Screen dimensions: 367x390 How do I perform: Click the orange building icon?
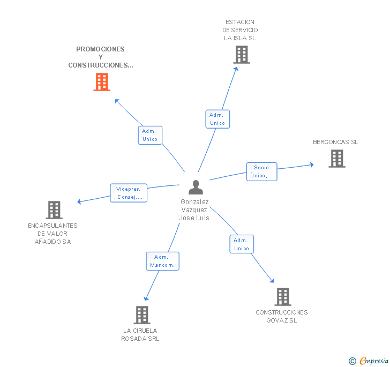102,82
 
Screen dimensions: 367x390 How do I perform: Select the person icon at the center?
196,188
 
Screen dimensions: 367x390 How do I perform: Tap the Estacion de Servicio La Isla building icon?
242,55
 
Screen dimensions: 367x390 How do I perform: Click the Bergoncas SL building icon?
336,159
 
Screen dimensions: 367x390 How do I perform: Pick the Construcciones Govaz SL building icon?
282,296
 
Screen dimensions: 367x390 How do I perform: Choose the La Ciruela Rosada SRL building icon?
142,315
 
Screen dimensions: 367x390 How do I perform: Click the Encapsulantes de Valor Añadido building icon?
54,210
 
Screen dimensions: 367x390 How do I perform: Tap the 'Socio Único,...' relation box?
261,171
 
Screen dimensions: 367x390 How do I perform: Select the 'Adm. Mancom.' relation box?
162,261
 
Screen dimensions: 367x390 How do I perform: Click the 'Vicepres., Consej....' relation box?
129,193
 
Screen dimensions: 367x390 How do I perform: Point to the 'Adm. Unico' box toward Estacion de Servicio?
217,119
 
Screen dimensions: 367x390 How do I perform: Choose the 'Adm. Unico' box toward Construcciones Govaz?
242,244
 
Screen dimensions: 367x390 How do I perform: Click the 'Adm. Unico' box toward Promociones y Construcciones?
150,135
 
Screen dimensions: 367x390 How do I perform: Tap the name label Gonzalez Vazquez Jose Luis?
194,210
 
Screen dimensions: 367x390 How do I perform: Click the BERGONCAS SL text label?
335,142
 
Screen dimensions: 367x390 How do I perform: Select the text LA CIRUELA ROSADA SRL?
140,334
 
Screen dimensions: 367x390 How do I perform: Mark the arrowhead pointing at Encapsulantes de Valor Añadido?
79,202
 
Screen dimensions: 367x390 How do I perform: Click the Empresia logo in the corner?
373,361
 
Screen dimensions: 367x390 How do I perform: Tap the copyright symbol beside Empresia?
352,361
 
